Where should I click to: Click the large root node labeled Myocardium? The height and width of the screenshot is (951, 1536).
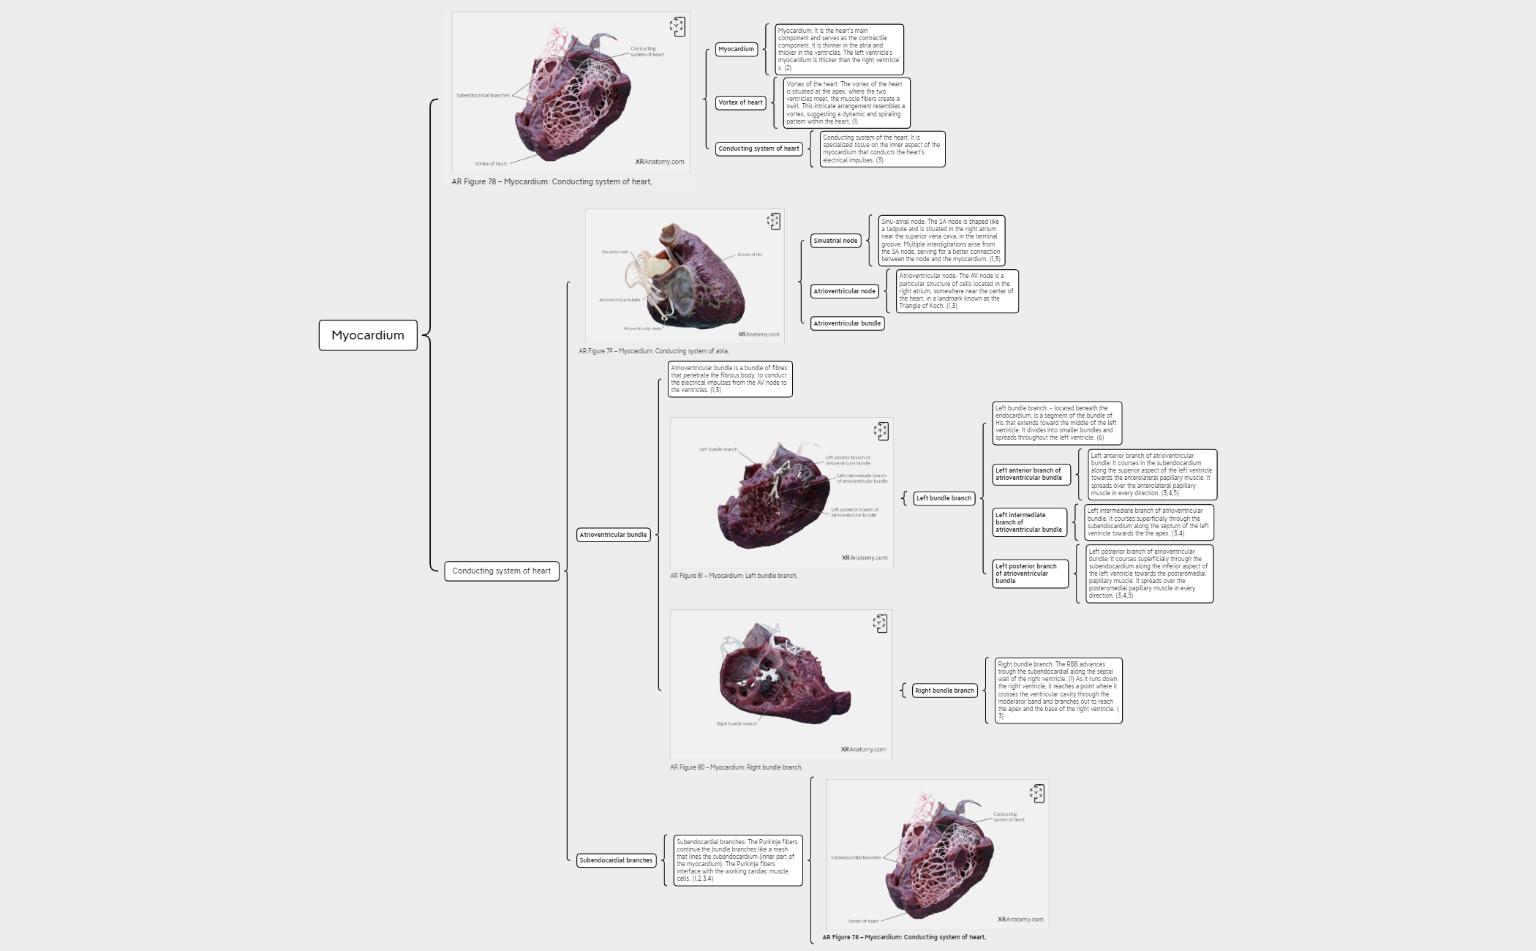pos(368,335)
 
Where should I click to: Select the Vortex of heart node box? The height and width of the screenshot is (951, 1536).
pos(740,102)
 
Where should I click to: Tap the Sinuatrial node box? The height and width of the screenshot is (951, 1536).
pos(835,241)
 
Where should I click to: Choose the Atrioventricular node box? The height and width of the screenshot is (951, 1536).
pos(844,291)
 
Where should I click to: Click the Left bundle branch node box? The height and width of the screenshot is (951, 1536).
pos(944,498)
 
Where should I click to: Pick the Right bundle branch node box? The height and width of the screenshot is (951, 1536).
pos(944,691)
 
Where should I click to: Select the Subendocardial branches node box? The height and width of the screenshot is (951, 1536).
pos(616,860)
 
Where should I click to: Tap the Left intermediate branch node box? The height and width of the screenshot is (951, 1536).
pos(1029,522)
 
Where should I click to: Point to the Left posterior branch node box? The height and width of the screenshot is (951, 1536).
pos(1030,573)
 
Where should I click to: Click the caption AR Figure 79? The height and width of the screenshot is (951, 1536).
pos(653,351)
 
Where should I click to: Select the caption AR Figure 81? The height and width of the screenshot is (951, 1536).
pos(734,576)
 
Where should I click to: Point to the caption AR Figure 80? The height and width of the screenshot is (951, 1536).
pos(736,767)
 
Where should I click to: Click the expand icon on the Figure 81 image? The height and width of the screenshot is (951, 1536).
pos(881,431)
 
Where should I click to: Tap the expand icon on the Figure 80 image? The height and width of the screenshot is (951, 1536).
pos(880,623)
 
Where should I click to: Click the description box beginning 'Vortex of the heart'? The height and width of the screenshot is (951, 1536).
pos(846,102)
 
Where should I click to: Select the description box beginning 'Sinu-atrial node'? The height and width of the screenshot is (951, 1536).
pos(941,240)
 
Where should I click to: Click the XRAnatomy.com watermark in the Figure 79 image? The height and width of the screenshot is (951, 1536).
pos(758,334)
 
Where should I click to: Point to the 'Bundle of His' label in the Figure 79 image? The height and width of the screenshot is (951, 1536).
pos(750,255)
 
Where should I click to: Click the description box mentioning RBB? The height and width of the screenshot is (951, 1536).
pos(1058,691)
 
